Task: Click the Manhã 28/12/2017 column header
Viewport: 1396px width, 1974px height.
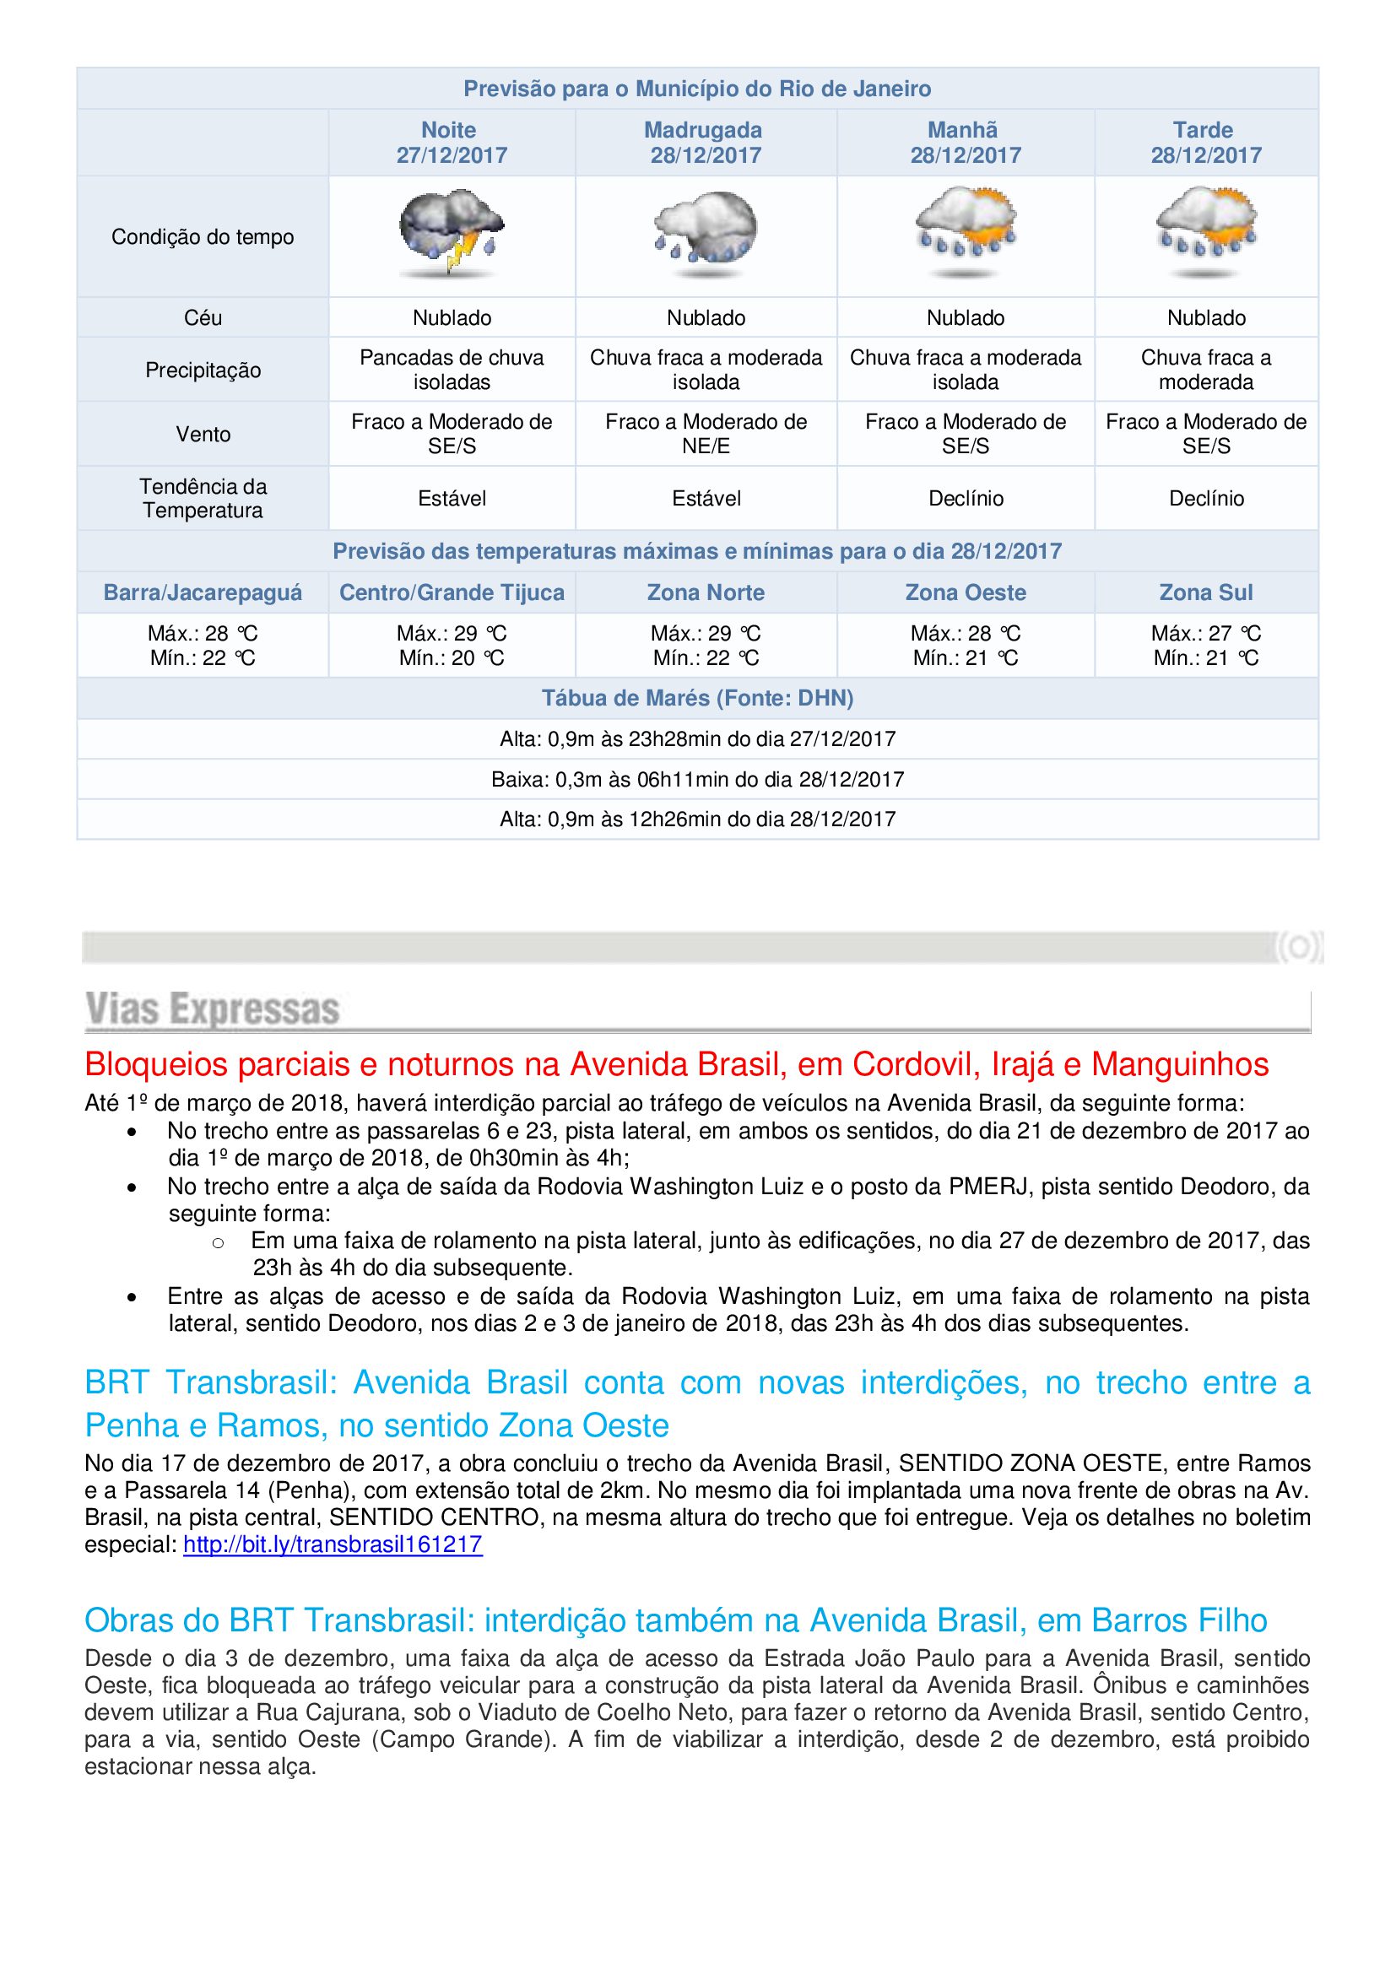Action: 966,143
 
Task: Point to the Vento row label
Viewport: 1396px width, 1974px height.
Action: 203,434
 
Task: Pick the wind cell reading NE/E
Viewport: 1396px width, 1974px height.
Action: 706,434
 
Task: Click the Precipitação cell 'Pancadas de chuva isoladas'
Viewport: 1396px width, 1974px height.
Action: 452,370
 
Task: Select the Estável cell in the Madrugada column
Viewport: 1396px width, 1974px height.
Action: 706,499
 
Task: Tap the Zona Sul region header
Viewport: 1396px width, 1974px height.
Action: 1205,592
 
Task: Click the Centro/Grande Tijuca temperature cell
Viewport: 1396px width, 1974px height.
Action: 452,646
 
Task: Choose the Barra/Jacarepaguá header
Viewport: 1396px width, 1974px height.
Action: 203,592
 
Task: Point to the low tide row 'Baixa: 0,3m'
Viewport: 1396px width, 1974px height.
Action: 697,780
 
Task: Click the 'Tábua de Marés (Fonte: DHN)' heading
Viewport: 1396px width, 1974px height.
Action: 697,698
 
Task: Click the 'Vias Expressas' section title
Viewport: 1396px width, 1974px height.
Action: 213,1009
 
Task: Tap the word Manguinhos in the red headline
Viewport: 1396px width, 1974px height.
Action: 1180,1065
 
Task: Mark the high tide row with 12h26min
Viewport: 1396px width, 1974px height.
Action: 697,819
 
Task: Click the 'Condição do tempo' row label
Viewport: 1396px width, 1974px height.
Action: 203,237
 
